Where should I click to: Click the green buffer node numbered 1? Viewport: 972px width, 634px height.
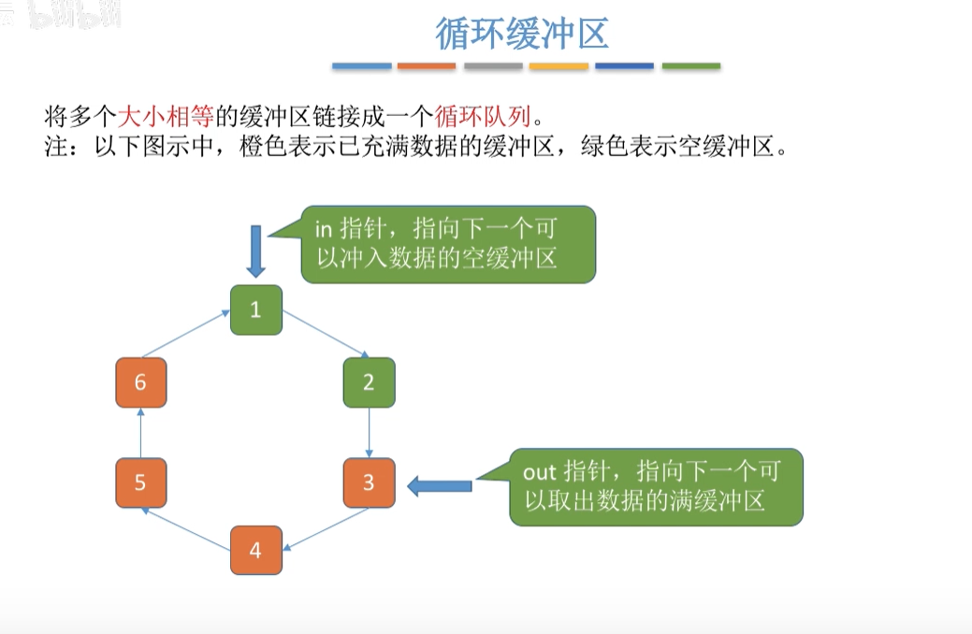click(256, 310)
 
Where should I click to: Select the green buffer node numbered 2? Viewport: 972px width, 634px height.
click(369, 382)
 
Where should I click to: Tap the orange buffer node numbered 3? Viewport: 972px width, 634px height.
click(369, 483)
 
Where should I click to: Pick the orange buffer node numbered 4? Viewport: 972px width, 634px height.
click(256, 551)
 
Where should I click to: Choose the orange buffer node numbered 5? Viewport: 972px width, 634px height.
click(141, 483)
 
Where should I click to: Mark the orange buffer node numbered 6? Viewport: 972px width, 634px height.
click(141, 382)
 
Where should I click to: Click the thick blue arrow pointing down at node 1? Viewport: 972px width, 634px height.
click(256, 250)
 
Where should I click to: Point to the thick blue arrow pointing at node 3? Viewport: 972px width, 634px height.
click(440, 484)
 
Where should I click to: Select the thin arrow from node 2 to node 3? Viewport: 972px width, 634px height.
click(370, 433)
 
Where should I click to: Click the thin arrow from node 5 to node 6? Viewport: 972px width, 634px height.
click(141, 433)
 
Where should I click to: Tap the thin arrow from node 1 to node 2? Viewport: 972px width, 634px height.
click(326, 336)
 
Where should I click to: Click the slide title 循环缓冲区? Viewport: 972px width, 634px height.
click(522, 34)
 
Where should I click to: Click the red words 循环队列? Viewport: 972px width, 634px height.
click(483, 117)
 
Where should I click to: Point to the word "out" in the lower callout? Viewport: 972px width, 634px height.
click(539, 471)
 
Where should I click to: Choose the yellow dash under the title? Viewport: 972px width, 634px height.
click(559, 66)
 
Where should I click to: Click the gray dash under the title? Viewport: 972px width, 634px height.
click(493, 66)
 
